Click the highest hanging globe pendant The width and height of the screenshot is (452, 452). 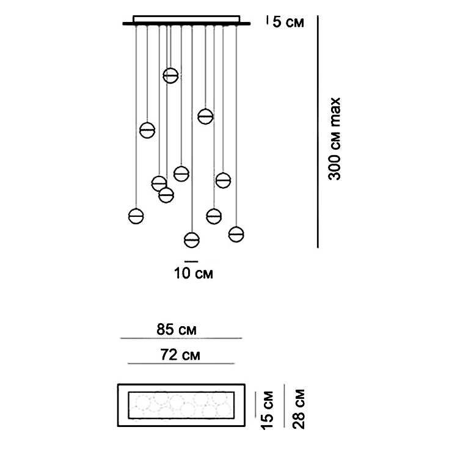coord(170,75)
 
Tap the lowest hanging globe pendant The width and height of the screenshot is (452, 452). coord(192,240)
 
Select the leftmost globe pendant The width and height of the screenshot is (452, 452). coord(136,216)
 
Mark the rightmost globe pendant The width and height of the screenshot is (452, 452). coord(236,233)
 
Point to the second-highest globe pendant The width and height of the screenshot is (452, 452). coord(205,115)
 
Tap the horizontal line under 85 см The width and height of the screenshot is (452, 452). coord(181,338)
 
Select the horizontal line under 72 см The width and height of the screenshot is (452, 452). coord(181,363)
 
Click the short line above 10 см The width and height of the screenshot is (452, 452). coord(191,261)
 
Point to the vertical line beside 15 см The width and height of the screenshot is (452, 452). coord(255,407)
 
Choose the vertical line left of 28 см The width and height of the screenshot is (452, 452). coord(285,407)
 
